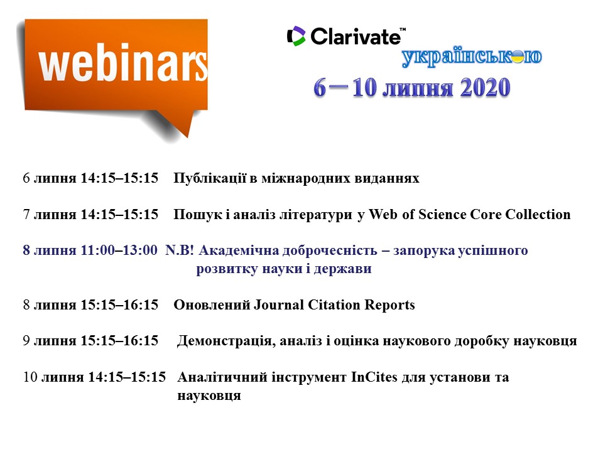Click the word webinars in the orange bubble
(123, 65)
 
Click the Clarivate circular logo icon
(296, 36)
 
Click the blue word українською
(472, 57)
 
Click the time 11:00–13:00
(119, 250)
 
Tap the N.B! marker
(180, 250)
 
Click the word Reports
(389, 305)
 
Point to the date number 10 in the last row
(30, 377)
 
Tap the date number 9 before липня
(26, 341)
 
